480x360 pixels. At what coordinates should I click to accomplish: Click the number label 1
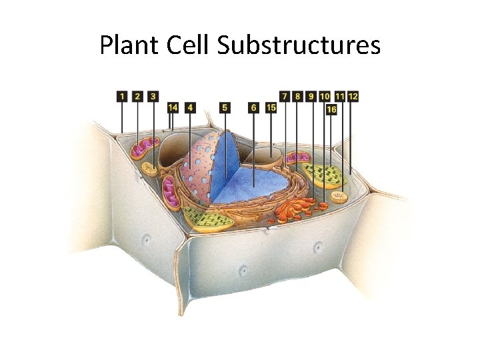[121, 97]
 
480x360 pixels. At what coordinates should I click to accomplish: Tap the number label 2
[137, 97]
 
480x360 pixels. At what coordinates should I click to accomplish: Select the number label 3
[153, 97]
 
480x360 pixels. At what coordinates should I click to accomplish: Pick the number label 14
[173, 107]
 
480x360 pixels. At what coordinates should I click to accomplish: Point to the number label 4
[191, 107]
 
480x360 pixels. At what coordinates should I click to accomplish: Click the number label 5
[225, 107]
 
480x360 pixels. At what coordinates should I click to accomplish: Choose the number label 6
[253, 107]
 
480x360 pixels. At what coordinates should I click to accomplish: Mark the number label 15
[271, 107]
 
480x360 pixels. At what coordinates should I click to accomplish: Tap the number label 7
[285, 97]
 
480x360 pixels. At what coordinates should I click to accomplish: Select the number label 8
[297, 97]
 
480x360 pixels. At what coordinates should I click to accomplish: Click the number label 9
[311, 97]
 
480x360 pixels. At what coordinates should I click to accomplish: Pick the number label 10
[325, 97]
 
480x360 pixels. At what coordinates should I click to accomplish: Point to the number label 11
[340, 97]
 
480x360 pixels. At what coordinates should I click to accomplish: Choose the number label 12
[353, 97]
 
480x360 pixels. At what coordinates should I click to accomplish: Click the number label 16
[331, 109]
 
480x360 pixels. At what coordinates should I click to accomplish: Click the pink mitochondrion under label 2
[145, 149]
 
